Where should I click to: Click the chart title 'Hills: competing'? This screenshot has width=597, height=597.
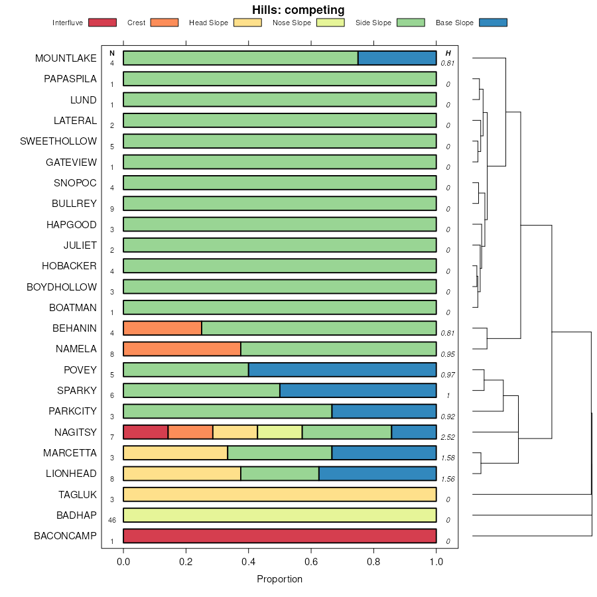(x=298, y=10)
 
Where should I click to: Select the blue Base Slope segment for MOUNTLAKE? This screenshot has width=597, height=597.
(x=397, y=58)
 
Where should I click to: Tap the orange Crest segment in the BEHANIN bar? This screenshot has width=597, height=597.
(x=163, y=328)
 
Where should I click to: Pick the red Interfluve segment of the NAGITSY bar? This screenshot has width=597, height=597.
(x=146, y=432)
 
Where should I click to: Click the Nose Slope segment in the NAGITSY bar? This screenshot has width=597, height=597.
(x=279, y=432)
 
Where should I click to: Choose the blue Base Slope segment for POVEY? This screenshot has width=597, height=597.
(x=342, y=370)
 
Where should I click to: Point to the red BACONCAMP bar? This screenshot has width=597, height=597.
(x=280, y=536)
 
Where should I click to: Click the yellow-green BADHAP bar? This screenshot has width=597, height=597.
(x=280, y=515)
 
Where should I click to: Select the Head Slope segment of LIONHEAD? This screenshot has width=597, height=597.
(x=182, y=474)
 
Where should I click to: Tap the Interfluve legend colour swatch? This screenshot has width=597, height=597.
(x=101, y=23)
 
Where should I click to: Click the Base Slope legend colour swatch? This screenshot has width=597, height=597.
(x=492, y=23)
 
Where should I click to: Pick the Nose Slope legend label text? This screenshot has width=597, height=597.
(x=291, y=23)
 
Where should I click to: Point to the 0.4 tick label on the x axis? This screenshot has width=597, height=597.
(x=249, y=563)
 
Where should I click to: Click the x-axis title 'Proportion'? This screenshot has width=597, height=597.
(x=279, y=579)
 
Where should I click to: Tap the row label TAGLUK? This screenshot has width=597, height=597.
(x=78, y=494)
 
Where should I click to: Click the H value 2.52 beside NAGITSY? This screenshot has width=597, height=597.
(x=448, y=437)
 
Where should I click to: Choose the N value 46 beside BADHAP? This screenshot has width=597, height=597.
(x=112, y=520)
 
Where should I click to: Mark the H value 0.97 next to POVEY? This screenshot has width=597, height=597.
(x=448, y=375)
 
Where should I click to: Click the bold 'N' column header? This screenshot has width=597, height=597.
(x=112, y=53)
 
